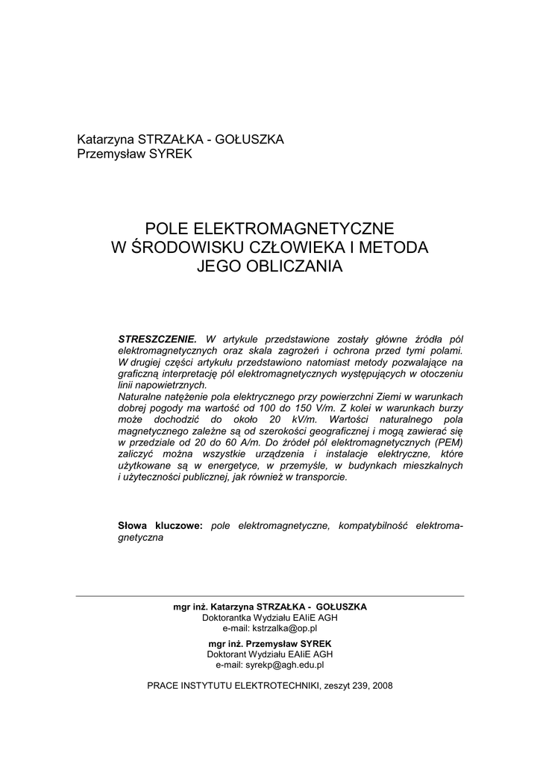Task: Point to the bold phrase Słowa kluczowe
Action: pyautogui.click(x=160, y=526)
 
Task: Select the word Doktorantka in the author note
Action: pyautogui.click(x=225, y=618)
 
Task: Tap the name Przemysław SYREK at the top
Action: pyautogui.click(x=135, y=154)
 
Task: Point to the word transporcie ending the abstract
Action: pyautogui.click(x=321, y=477)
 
